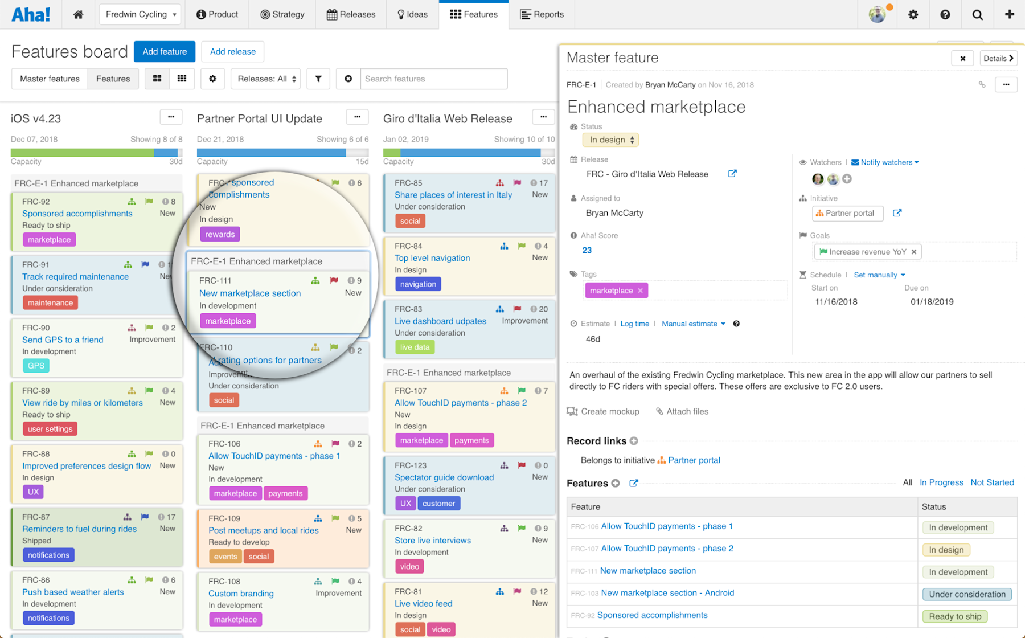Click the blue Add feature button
tap(165, 52)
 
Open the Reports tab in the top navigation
tap(542, 14)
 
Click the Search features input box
tap(433, 79)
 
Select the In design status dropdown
tap(610, 140)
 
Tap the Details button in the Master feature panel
tap(998, 58)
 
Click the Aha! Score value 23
tap(587, 250)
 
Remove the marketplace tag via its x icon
tap(641, 291)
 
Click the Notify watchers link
tap(885, 162)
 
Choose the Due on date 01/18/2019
tap(932, 302)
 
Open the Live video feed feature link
tap(423, 604)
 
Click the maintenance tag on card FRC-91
tap(50, 303)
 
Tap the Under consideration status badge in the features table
tap(967, 594)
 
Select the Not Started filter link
tap(992, 482)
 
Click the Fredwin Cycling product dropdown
tap(140, 14)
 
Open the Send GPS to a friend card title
tap(63, 340)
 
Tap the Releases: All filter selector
tap(266, 79)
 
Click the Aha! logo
tap(31, 14)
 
